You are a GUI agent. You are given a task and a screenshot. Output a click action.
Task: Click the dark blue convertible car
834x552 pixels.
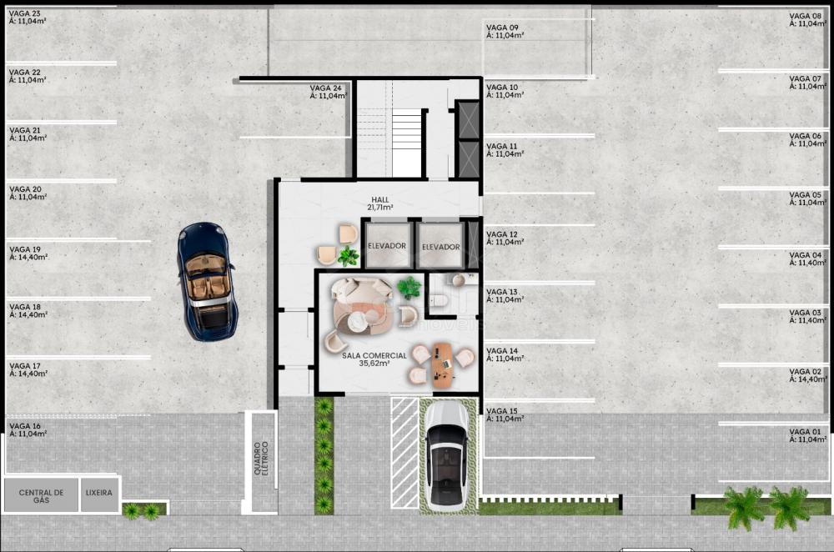tap(208, 281)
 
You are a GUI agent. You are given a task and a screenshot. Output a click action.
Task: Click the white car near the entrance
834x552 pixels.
tap(447, 455)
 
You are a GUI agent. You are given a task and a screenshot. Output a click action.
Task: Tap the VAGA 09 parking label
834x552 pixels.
tap(505, 32)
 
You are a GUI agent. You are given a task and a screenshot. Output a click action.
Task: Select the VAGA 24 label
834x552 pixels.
tap(328, 92)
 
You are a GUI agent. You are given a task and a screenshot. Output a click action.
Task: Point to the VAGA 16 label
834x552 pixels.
tap(28, 429)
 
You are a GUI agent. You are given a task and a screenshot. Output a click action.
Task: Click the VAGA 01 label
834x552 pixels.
tap(807, 435)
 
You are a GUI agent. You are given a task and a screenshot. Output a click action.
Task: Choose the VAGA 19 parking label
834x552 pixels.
tap(28, 253)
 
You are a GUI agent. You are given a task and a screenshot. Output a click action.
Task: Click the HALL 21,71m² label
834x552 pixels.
tap(379, 203)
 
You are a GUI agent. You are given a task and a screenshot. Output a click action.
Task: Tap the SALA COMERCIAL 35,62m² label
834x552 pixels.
tap(374, 359)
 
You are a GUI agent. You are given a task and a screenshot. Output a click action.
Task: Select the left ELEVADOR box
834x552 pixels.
tap(387, 245)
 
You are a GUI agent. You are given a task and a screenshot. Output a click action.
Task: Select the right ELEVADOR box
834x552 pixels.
tap(440, 246)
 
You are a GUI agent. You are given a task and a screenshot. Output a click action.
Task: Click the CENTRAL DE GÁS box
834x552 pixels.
tap(41, 495)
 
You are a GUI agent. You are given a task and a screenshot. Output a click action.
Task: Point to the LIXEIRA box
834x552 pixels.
tap(99, 494)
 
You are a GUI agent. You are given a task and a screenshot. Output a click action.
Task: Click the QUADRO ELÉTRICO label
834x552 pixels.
tap(261, 458)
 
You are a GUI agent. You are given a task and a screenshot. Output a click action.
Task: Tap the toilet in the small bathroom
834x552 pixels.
tap(440, 301)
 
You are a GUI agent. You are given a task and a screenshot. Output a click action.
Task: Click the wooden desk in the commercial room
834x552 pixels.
tap(443, 365)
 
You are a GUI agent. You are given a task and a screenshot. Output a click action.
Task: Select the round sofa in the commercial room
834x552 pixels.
tap(361, 309)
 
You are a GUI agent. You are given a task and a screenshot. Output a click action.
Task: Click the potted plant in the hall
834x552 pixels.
tap(348, 256)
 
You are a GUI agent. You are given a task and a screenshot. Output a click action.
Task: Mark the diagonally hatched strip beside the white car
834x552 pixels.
tap(404, 453)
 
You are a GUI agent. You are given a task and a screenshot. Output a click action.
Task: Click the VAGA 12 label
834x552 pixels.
tap(505, 238)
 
